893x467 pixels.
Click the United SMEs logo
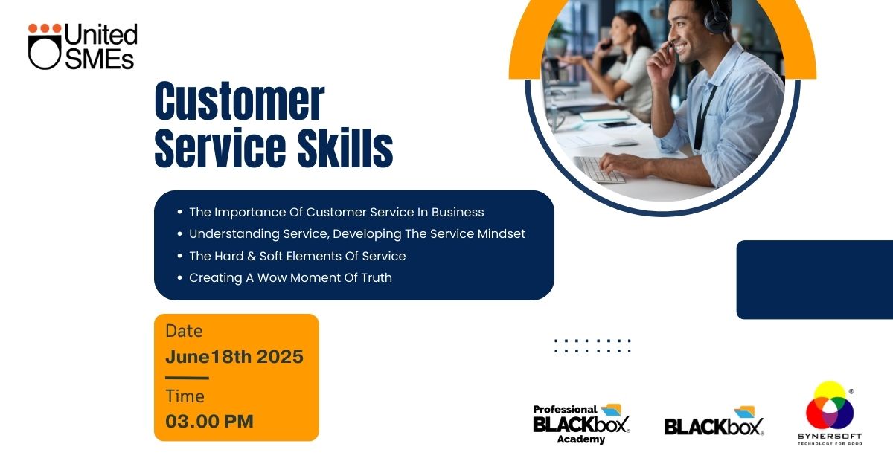[83, 46]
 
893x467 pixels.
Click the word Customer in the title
[240, 101]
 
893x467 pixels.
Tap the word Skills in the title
[345, 148]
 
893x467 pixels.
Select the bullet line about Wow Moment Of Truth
[290, 277]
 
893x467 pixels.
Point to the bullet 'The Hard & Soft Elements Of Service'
[297, 256]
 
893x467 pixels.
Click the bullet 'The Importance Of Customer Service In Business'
[336, 212]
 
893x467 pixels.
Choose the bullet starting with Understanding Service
[356, 234]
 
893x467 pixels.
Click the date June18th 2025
[234, 357]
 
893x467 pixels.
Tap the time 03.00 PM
[209, 422]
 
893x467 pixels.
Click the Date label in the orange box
[184, 331]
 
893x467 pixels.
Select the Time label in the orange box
[185, 396]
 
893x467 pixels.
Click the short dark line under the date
[187, 378]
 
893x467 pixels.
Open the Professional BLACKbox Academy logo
[582, 424]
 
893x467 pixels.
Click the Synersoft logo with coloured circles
[830, 413]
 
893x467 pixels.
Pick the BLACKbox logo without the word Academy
[714, 422]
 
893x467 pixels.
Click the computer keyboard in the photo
[598, 170]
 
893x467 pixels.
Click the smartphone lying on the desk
[617, 125]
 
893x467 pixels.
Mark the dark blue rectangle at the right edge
[815, 280]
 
